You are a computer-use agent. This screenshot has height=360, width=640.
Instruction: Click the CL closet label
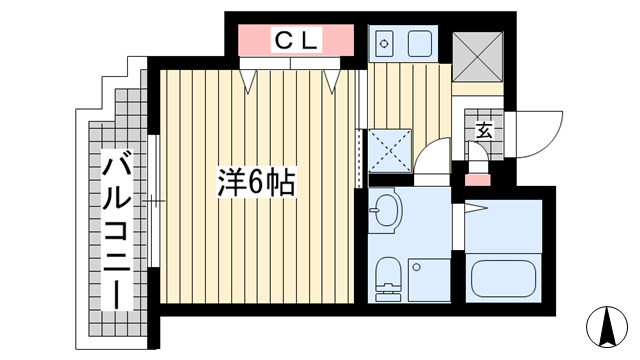click(x=296, y=40)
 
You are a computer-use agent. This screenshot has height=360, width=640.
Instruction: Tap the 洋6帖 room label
click(x=256, y=182)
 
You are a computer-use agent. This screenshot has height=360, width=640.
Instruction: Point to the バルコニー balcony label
click(x=117, y=229)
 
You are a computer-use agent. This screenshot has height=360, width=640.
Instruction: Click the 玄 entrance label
click(x=484, y=131)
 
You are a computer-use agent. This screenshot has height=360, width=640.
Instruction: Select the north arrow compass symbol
click(x=607, y=327)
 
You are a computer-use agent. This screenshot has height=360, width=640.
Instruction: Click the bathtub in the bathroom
click(x=503, y=279)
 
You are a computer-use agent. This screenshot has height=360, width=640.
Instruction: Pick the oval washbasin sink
click(x=386, y=211)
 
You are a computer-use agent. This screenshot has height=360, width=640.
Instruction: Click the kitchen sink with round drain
click(x=384, y=43)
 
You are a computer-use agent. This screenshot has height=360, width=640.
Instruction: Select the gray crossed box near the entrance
click(x=478, y=57)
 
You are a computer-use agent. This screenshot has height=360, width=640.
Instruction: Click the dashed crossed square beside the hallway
click(x=390, y=150)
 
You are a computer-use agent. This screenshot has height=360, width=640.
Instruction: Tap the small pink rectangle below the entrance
click(x=478, y=180)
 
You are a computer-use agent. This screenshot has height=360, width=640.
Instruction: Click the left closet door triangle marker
click(x=248, y=81)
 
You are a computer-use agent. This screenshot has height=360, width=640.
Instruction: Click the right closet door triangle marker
click(x=332, y=81)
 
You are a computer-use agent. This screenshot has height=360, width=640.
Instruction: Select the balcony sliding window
click(x=153, y=201)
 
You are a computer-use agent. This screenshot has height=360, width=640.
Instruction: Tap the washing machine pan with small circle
click(x=429, y=280)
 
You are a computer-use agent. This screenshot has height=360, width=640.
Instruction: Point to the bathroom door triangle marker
click(x=476, y=208)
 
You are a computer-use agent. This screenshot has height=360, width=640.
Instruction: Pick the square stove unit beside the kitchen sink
click(x=420, y=44)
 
